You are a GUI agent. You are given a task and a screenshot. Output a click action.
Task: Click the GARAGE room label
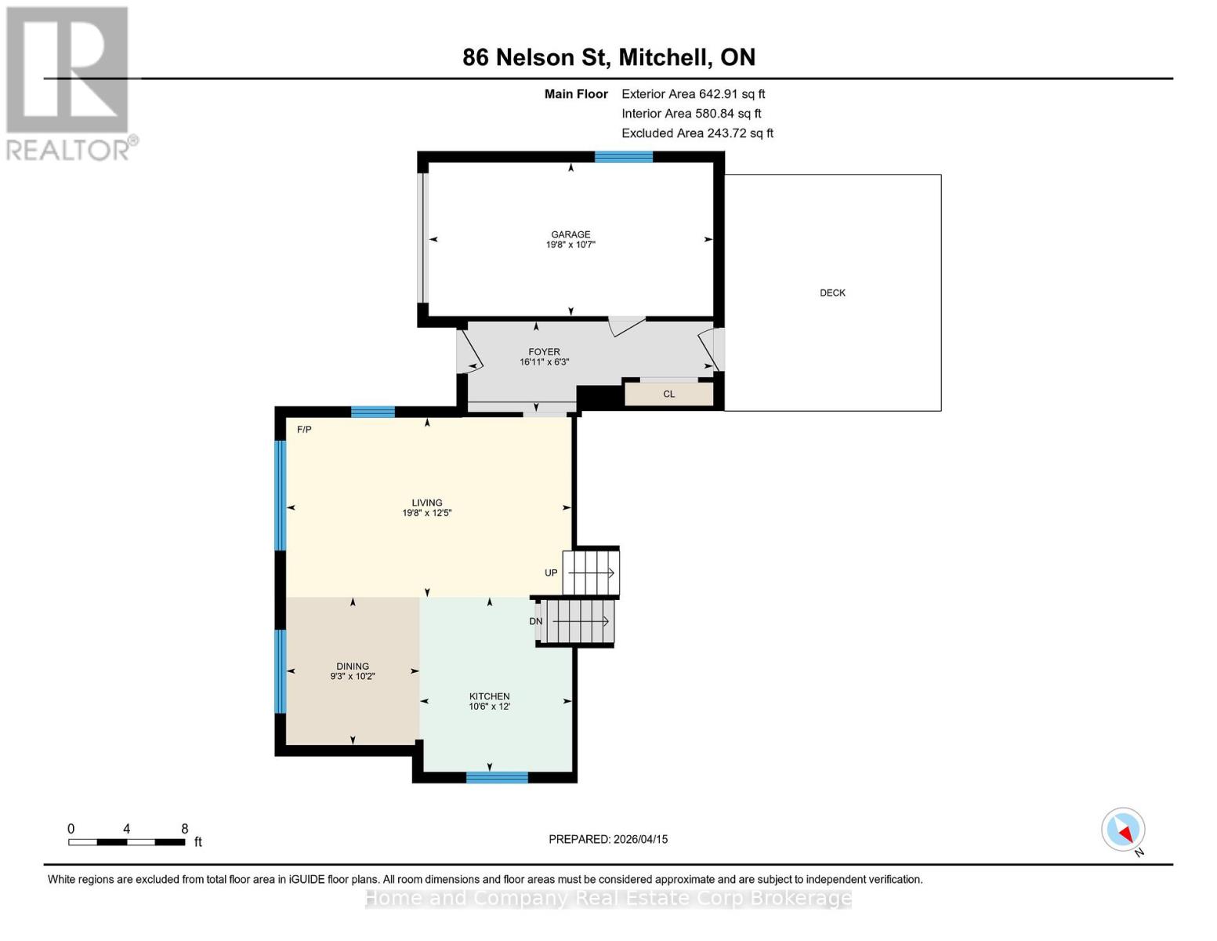570,234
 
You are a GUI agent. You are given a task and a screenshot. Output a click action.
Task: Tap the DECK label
832,292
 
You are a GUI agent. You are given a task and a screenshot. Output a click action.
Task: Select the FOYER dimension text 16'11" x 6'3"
544,362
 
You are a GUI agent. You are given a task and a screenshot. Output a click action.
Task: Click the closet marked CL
668,394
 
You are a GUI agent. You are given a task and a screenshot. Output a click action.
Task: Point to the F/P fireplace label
304,430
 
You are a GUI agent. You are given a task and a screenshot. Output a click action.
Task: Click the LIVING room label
427,503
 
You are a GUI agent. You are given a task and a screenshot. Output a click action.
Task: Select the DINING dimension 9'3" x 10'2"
353,676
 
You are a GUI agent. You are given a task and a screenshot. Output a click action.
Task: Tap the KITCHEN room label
489,696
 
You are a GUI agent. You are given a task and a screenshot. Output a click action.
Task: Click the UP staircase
592,572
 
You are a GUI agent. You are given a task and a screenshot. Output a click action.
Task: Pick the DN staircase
579,621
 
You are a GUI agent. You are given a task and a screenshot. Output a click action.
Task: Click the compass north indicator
1124,830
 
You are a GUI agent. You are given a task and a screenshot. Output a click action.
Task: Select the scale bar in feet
127,841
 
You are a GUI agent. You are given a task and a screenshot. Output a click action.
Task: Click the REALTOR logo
69,82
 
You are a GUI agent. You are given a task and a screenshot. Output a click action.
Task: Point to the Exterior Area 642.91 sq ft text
693,94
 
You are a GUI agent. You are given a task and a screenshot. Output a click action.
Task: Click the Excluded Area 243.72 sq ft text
697,133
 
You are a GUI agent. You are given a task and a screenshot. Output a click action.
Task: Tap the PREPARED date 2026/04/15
608,839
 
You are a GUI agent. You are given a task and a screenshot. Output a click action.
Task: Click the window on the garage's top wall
624,157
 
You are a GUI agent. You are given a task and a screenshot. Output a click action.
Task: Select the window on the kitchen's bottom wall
497,777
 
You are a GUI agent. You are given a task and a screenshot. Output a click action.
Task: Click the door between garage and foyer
626,325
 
